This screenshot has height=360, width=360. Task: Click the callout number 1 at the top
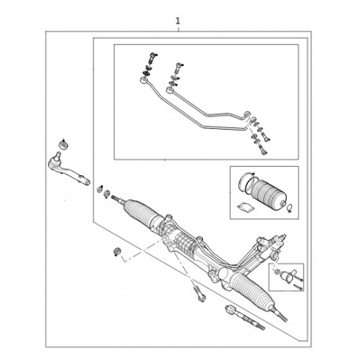(178, 20)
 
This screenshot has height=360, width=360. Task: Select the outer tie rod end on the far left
(68, 171)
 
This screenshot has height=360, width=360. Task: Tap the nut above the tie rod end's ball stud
(64, 145)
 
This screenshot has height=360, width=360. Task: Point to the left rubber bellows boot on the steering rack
(143, 212)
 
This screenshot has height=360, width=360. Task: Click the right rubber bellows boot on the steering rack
(253, 291)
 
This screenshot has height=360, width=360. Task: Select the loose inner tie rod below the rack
(244, 317)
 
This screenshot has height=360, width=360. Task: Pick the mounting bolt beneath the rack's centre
(199, 294)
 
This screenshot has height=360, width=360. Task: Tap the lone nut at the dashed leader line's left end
(117, 252)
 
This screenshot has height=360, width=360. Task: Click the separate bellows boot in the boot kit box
(268, 194)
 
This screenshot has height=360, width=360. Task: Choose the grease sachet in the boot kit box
(245, 207)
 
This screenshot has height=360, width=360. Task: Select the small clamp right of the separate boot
(289, 208)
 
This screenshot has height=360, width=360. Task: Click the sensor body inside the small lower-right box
(287, 276)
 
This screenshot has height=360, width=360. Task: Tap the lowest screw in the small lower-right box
(298, 287)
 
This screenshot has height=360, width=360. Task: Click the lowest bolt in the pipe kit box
(263, 150)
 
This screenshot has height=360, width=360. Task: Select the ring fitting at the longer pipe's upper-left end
(144, 79)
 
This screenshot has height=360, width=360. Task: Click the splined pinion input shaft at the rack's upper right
(281, 237)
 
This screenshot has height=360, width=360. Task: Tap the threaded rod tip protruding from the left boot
(117, 199)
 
